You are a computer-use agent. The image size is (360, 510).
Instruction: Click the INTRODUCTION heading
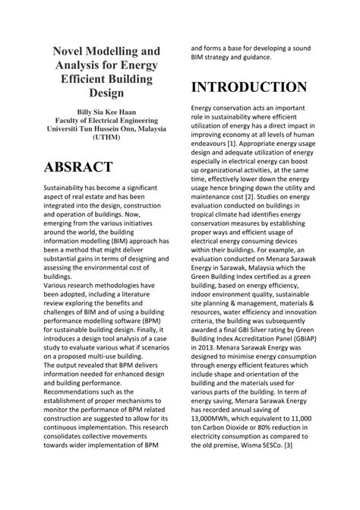click(x=248, y=87)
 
